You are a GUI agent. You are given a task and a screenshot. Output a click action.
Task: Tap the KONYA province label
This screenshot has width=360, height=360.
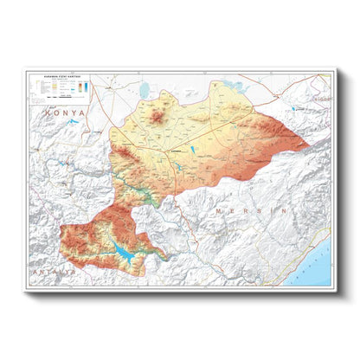tap(66, 112)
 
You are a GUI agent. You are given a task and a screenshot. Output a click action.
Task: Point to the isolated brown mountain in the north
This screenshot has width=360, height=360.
tap(158, 112)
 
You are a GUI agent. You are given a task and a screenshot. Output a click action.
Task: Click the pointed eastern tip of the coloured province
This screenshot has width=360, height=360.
tap(308, 144)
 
